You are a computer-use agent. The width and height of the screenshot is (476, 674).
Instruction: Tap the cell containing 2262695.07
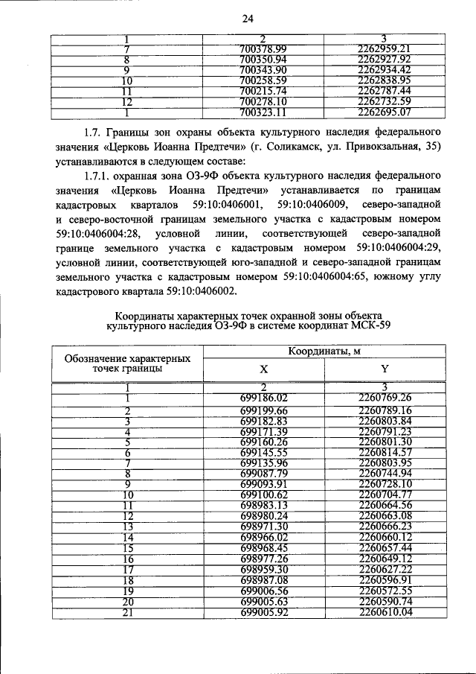pos(384,112)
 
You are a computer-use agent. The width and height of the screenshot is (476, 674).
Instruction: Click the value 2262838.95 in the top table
pos(384,80)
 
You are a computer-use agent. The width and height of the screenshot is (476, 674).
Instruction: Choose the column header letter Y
pos(385,369)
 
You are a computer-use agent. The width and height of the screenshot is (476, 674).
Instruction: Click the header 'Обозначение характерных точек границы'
pos(127,363)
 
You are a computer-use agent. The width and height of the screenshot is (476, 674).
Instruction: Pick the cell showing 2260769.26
pos(385,397)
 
